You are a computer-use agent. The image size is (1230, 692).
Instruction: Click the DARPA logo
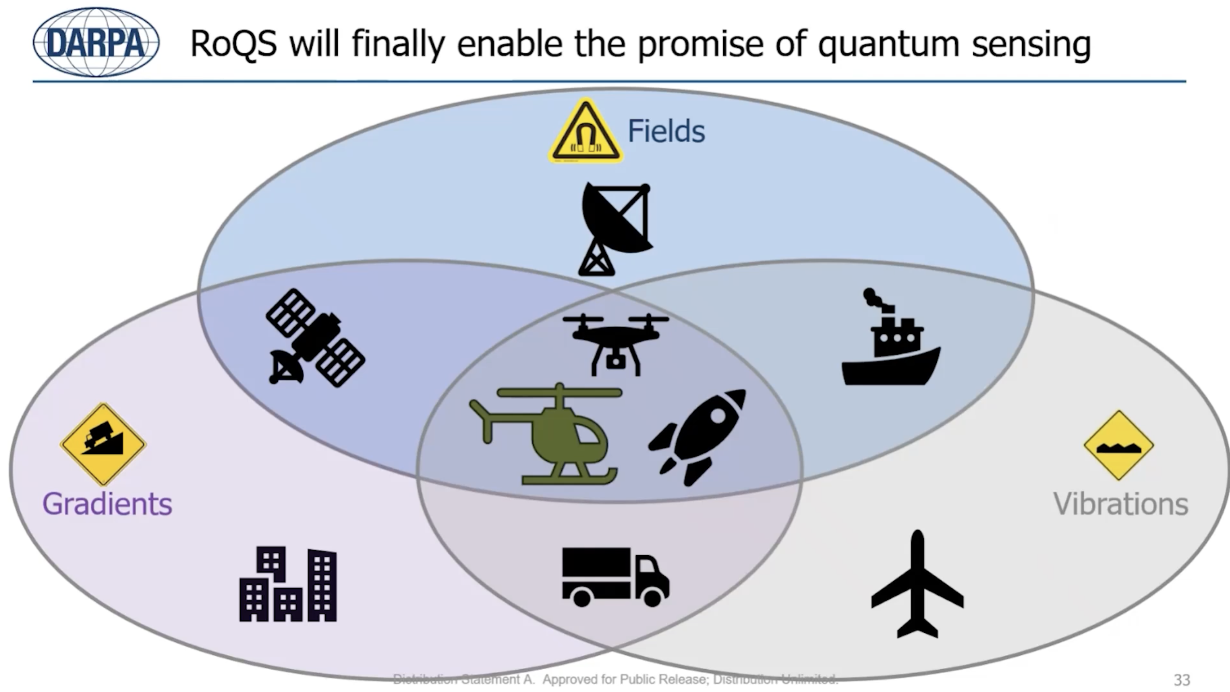96,42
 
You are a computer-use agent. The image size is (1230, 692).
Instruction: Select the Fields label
666,131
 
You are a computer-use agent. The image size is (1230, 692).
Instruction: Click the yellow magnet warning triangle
586,131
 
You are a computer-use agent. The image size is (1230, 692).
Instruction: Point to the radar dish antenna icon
616,229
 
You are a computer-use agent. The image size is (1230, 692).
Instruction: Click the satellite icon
315,338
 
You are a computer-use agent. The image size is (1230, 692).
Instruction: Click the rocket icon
697,437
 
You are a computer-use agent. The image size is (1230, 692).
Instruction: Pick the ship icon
891,337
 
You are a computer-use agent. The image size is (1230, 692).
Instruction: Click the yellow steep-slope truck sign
103,444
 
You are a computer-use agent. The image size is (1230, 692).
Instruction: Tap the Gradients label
107,504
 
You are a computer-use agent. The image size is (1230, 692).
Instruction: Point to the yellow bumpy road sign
1119,446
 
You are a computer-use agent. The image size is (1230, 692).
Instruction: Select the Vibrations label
1121,504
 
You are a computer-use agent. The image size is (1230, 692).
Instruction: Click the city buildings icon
288,584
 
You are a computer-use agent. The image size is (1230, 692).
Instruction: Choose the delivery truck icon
616,577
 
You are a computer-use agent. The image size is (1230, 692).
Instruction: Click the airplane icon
917,584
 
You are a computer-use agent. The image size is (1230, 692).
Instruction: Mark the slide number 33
1182,680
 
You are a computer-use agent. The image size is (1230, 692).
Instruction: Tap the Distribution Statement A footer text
615,679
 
